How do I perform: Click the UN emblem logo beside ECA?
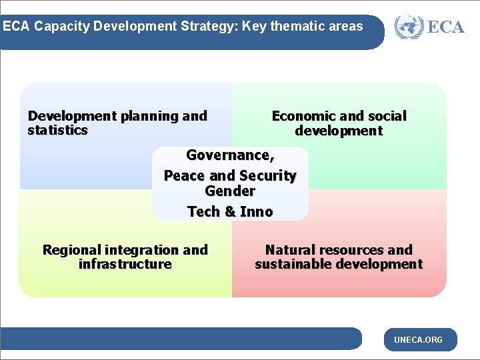(x=408, y=27)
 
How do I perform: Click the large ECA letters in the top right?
(x=445, y=27)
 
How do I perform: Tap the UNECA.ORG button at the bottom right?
(x=418, y=340)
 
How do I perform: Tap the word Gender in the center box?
(x=230, y=191)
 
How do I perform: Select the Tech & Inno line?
(x=230, y=212)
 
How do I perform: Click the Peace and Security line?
(x=230, y=176)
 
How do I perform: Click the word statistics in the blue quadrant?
(x=57, y=131)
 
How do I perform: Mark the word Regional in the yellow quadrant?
(x=69, y=250)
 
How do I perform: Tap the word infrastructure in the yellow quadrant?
(x=125, y=265)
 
